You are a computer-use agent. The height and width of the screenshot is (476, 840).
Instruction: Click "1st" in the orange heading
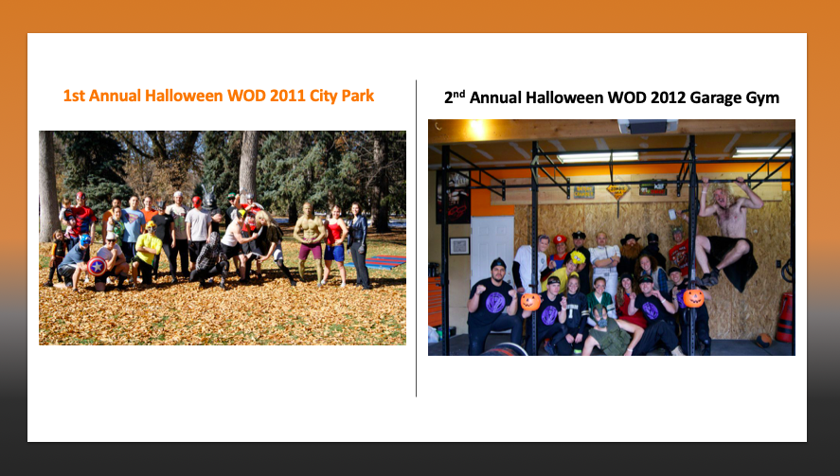pos(74,96)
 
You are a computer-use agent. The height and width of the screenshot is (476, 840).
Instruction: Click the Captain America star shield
pos(97,266)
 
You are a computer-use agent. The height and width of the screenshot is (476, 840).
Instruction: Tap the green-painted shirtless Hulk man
pos(310,241)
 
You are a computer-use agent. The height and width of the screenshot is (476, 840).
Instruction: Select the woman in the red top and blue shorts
pos(335,243)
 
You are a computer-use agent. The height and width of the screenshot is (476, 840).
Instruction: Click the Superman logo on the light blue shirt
pos(132,218)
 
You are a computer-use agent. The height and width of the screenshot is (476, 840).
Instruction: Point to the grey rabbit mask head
pos(209,198)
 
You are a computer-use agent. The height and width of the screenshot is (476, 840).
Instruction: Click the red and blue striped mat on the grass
pos(377,262)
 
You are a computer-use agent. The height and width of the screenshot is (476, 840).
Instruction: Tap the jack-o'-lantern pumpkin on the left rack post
pos(530,302)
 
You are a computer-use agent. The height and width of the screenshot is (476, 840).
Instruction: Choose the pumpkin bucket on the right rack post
pos(693,298)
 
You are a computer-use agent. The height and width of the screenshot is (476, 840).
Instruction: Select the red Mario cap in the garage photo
pos(560,238)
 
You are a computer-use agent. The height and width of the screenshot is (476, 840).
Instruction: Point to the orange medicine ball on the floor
pos(764,340)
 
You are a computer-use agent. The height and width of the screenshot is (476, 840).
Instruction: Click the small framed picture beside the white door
pos(459,246)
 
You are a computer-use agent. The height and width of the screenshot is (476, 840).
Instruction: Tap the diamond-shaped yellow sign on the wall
pos(617,191)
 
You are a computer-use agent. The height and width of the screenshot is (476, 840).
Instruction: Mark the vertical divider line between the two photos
pos(417,238)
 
